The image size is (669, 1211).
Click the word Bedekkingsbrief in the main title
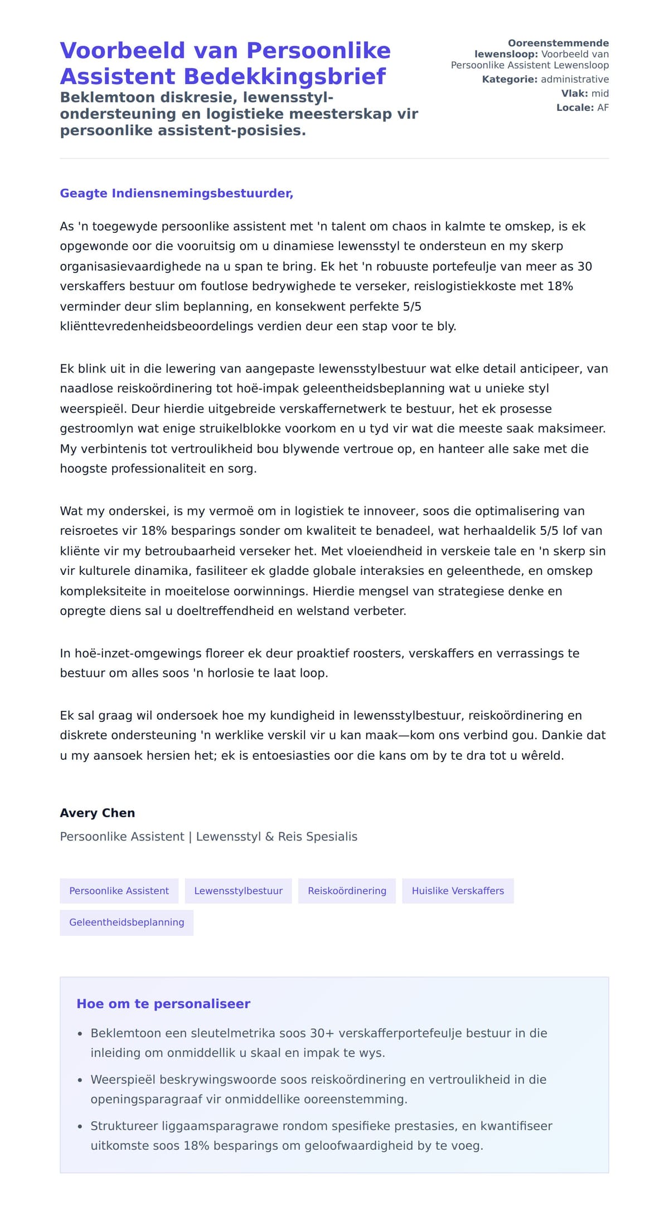284,76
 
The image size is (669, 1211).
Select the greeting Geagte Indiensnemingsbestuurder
176,193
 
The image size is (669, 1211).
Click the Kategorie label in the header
510,79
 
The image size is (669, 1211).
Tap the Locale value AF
603,108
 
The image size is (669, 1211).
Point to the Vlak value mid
600,94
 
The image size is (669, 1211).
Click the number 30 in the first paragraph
584,266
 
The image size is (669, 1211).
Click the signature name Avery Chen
97,813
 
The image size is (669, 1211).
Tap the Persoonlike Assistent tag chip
119,891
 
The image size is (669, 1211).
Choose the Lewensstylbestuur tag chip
238,891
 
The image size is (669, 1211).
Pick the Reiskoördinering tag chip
347,891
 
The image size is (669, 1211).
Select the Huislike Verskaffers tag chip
458,891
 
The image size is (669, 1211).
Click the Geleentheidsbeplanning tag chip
127,922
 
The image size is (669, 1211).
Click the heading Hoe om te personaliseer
163,1004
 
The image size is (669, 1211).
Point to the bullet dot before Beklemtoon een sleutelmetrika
80,1034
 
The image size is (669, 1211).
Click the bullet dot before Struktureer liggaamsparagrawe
80,1127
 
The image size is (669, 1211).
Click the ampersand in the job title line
269,837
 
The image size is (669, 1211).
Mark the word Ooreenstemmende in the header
558,43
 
